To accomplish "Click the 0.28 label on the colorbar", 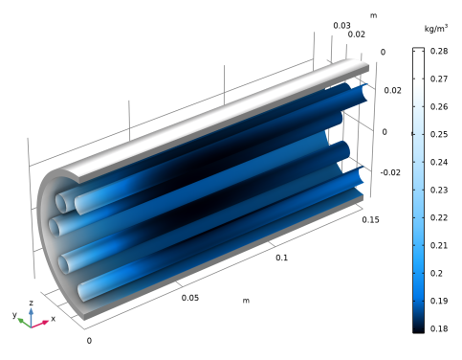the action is tap(439, 51).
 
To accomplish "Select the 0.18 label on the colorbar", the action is tap(439, 328).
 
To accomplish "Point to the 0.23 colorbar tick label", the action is tap(439, 190).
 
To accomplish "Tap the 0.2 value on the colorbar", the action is tap(436, 273).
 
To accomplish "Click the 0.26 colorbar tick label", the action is tap(439, 106).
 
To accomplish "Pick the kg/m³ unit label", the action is tap(436, 29).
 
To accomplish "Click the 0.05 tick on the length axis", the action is tap(190, 298).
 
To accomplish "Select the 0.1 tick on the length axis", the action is tap(281, 258).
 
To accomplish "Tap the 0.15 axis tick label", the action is tap(370, 220).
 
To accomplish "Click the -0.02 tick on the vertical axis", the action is tap(390, 172).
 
